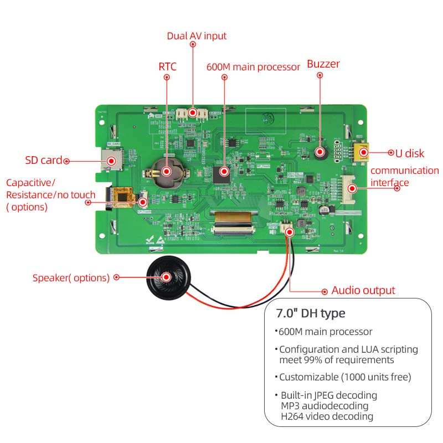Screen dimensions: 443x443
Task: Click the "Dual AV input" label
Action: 197,36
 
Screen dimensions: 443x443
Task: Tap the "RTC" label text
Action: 167,66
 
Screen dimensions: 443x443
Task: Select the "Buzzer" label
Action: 323,64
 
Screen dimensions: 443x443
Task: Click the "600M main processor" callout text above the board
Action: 253,66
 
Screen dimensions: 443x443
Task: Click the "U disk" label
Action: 410,152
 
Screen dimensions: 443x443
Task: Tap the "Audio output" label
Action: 363,290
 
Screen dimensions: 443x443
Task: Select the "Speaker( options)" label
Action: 71,278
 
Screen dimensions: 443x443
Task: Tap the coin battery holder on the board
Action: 164,171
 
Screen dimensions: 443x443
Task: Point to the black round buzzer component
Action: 320,152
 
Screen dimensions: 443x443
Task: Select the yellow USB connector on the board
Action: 362,151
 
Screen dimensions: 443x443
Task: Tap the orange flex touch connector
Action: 123,196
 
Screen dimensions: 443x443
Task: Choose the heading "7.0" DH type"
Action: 311,313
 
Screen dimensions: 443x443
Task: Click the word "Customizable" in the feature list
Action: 306,377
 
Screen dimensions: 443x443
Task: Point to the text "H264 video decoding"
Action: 327,416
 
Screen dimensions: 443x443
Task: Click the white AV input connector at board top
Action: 193,114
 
